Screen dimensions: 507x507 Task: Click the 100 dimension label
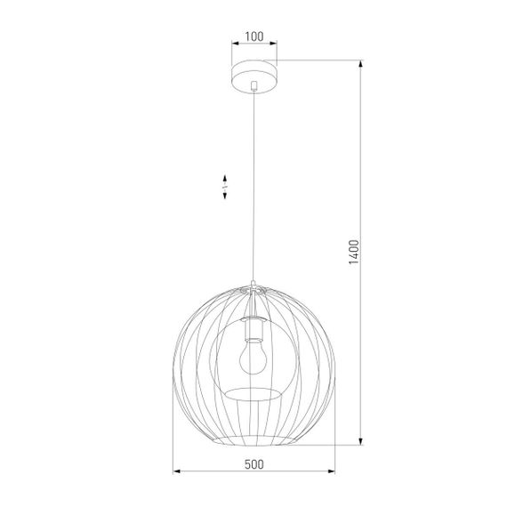click(253, 37)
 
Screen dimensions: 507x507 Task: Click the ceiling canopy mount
click(254, 72)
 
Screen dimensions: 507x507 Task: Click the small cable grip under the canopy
click(254, 87)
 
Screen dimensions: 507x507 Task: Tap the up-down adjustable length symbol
click(226, 185)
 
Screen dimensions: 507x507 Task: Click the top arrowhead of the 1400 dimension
click(361, 65)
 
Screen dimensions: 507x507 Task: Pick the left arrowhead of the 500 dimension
click(174, 471)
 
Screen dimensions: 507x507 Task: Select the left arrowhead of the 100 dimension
click(234, 45)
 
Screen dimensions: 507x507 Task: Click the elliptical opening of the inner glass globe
click(253, 391)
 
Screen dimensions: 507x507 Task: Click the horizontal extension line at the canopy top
click(320, 60)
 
